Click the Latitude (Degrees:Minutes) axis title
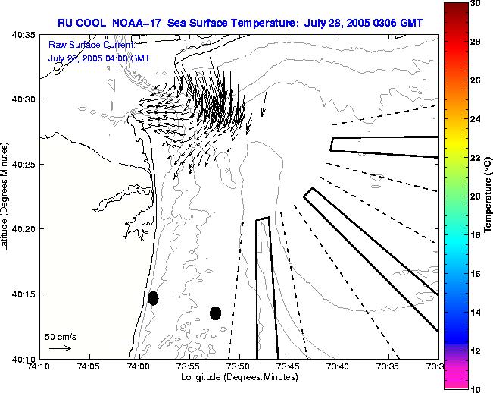click(x=5, y=196)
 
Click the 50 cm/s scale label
click(x=60, y=336)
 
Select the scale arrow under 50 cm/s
click(x=60, y=348)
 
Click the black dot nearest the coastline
click(x=153, y=298)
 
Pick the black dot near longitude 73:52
click(x=215, y=313)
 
